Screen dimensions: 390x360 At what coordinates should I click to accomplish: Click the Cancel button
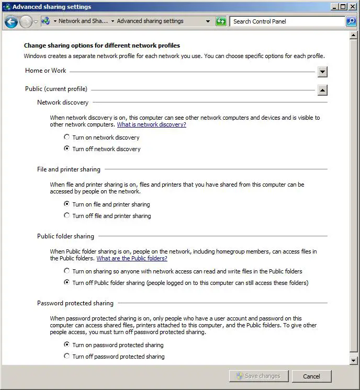point(311,376)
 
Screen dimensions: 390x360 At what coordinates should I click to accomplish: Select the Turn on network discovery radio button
point(66,137)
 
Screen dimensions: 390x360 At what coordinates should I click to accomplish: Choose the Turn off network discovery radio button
point(66,149)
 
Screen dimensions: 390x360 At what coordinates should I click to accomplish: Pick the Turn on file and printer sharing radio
point(66,204)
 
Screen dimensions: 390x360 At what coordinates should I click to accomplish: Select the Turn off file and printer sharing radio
point(66,215)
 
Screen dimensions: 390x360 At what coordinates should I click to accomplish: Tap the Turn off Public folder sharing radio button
point(66,283)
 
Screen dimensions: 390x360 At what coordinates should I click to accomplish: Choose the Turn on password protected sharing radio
point(66,345)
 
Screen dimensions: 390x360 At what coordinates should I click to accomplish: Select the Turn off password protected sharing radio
point(66,356)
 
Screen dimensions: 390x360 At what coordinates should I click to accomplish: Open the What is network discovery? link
point(151,125)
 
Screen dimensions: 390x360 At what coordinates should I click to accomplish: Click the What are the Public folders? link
point(132,258)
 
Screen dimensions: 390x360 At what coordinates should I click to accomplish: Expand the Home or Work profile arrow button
point(322,72)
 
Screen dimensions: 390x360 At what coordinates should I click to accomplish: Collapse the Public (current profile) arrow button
point(322,90)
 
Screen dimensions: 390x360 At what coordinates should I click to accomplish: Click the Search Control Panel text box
point(287,21)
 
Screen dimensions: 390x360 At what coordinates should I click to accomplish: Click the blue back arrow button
point(11,22)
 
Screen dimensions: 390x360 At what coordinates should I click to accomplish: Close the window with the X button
point(352,7)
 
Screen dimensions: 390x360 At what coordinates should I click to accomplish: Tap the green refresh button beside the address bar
point(221,21)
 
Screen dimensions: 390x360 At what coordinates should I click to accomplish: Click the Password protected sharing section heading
point(75,303)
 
